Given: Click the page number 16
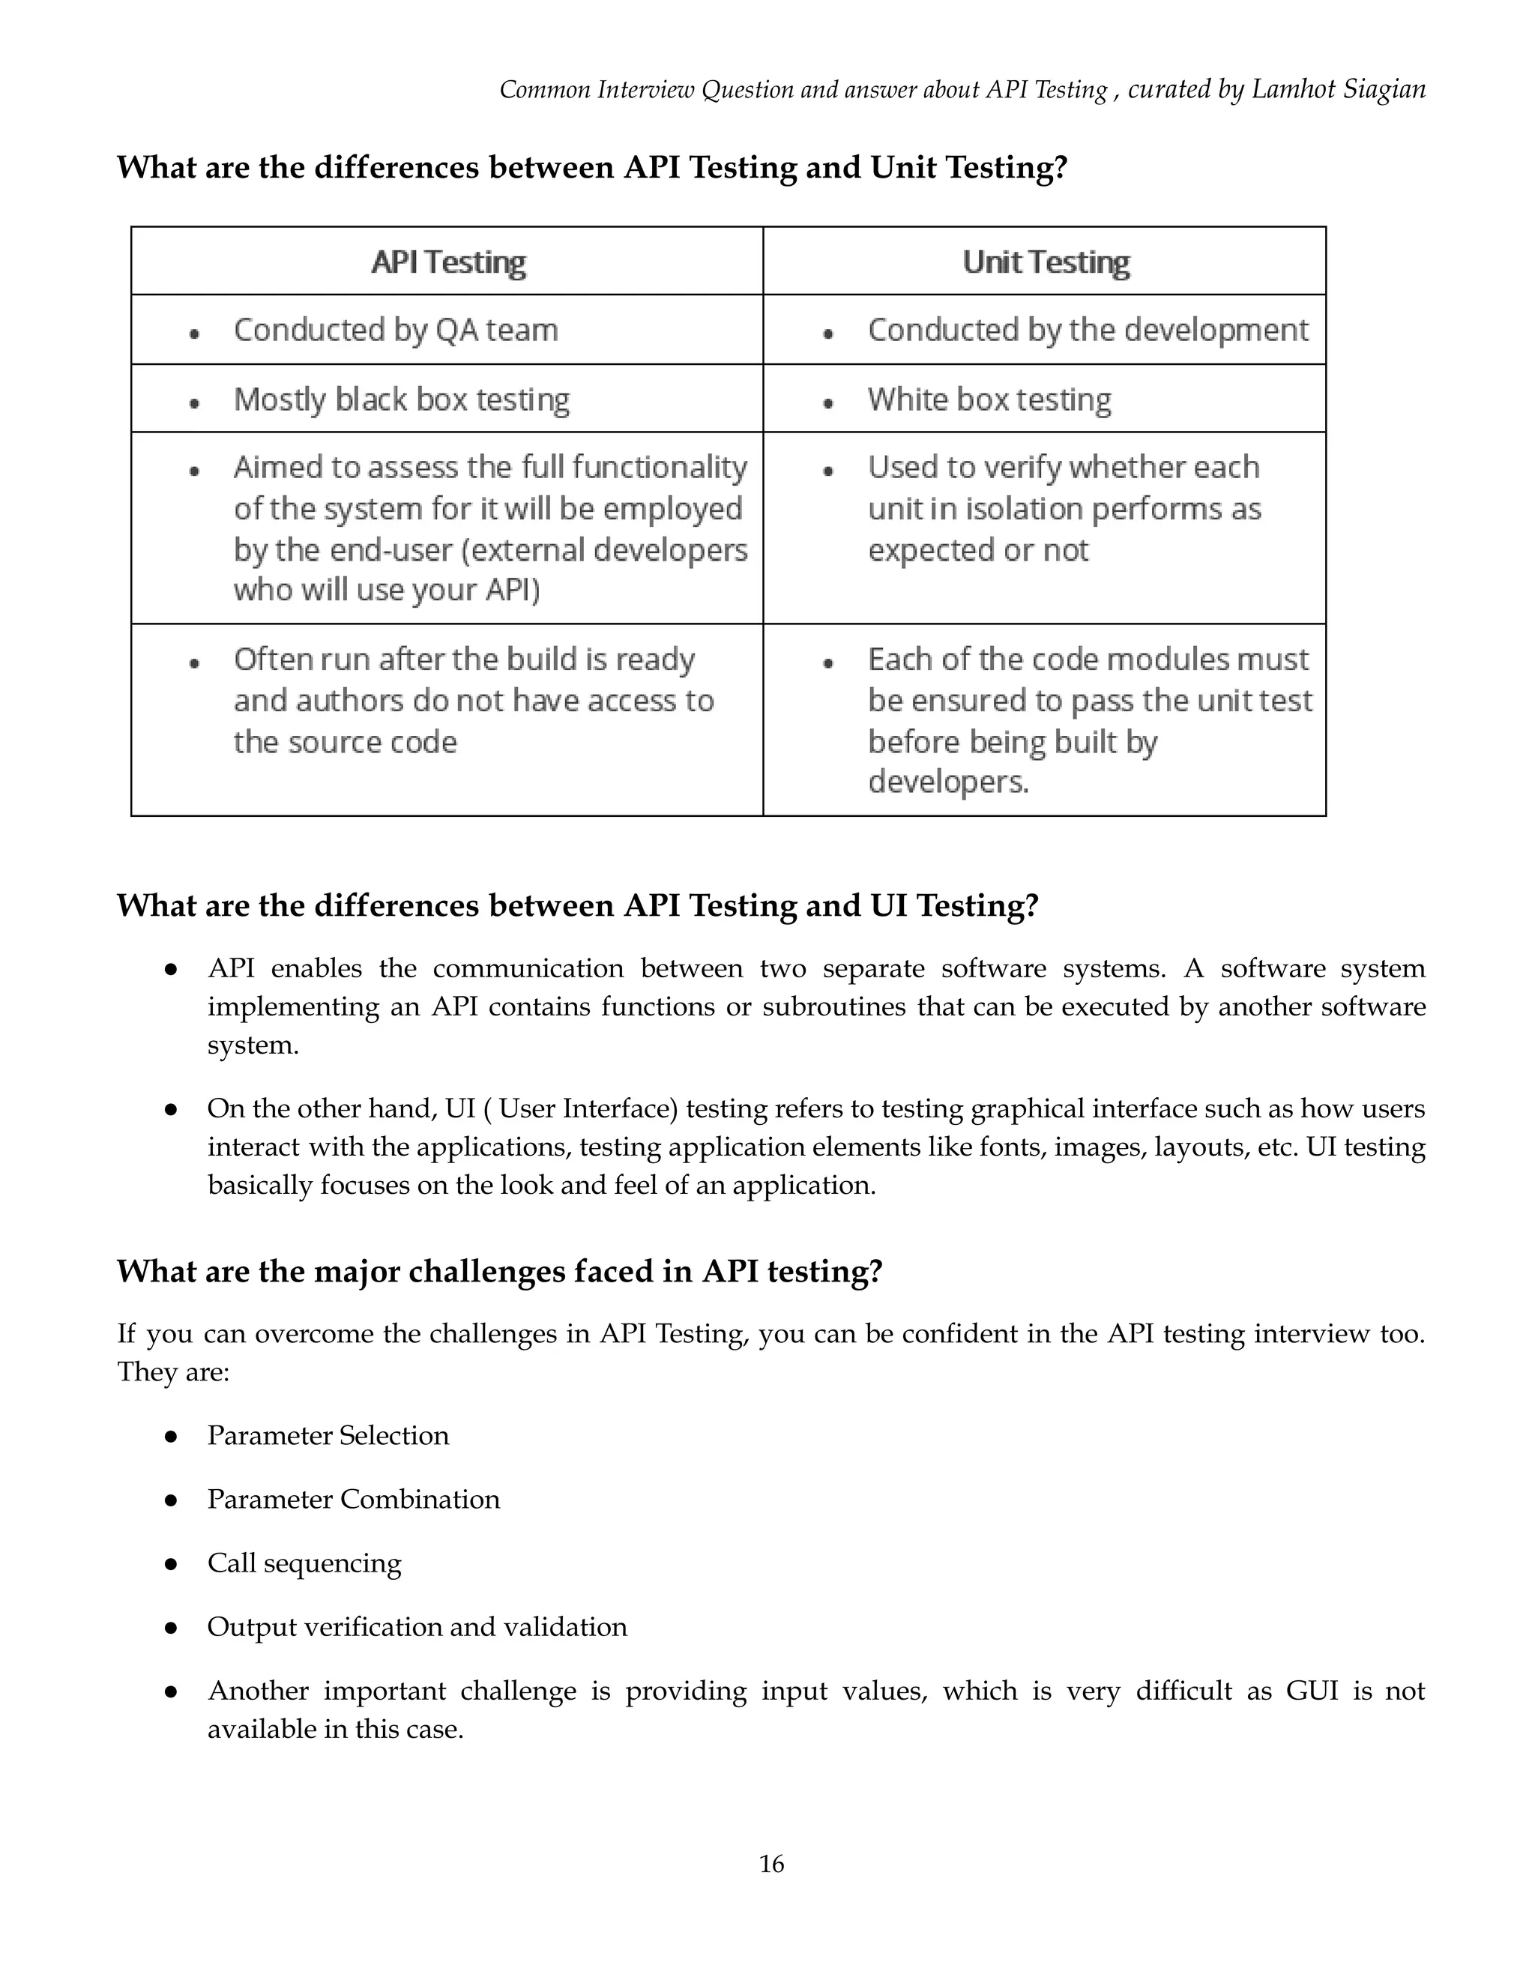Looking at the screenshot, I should tap(771, 1863).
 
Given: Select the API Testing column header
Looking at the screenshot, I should tap(447, 262).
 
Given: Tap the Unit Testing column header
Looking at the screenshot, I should tap(1045, 262).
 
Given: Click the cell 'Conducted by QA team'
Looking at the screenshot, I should tap(396, 330).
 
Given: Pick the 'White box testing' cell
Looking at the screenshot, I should tap(989, 399).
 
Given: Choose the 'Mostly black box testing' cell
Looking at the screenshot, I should tap(401, 399).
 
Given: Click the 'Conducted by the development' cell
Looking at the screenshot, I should tap(1087, 330).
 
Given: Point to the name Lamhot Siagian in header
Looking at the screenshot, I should tap(1338, 89).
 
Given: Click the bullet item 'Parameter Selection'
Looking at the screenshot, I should tap(328, 1435).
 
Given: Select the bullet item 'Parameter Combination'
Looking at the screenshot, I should tap(353, 1499).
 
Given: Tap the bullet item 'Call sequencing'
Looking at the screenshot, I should tap(304, 1563).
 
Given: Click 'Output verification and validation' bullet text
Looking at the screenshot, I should tap(417, 1626).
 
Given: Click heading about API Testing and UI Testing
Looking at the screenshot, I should tap(576, 906).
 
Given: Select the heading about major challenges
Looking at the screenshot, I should tap(499, 1270).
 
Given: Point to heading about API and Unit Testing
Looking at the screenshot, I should tap(591, 167).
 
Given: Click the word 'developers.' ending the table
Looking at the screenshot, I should tap(947, 782).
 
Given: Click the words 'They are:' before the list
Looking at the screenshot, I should tap(173, 1371).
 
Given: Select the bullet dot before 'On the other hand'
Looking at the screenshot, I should tap(170, 1109).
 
